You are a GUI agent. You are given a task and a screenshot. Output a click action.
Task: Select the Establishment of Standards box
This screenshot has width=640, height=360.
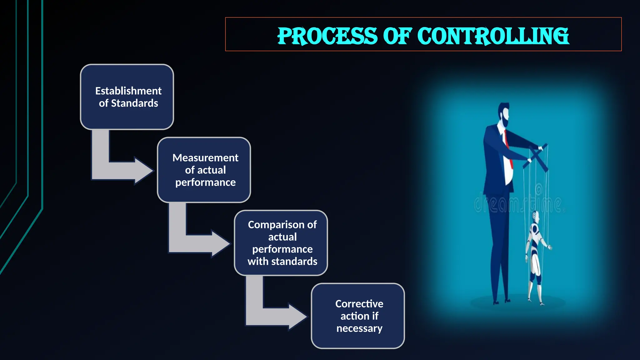click(127, 97)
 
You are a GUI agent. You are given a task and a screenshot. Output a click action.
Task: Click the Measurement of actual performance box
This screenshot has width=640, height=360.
click(204, 170)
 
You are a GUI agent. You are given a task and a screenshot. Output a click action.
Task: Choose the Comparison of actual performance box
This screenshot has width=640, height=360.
click(281, 243)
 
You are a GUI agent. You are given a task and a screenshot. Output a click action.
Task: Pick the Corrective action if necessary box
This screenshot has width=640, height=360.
click(358, 316)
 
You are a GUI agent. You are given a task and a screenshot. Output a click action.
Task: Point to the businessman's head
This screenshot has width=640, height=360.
click(504, 114)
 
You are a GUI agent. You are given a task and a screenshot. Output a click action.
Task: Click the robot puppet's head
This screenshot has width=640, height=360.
click(535, 216)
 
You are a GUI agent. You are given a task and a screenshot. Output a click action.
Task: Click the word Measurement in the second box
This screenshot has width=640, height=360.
click(205, 158)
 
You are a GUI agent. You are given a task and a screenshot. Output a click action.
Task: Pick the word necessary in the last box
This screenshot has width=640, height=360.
click(359, 328)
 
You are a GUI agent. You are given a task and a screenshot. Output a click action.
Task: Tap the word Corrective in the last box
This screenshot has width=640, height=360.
click(359, 304)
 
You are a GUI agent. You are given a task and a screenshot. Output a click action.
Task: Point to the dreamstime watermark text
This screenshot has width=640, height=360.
click(519, 203)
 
